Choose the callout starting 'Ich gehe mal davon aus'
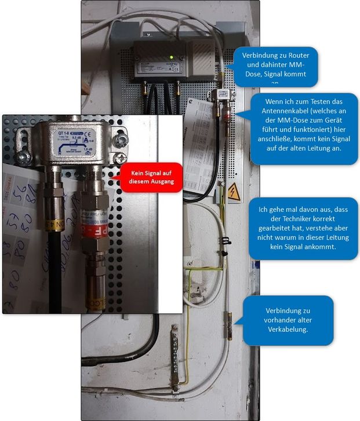[x=303, y=228]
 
